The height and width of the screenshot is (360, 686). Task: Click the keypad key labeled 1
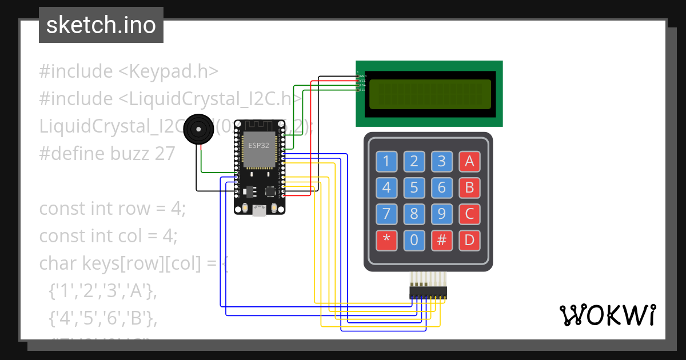pyautogui.click(x=386, y=162)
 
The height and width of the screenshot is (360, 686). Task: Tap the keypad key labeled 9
pyautogui.click(x=441, y=214)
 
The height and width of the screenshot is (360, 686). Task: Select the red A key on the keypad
pyautogui.click(x=469, y=162)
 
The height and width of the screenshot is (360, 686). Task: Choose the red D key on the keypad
pyautogui.click(x=469, y=240)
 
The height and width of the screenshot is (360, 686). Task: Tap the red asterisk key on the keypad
pyautogui.click(x=386, y=240)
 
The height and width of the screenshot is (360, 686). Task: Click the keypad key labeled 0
pyautogui.click(x=414, y=240)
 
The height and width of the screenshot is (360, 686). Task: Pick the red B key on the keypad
pyautogui.click(x=469, y=187)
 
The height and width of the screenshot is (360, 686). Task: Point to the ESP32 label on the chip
pyautogui.click(x=258, y=145)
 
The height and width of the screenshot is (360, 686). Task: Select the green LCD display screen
pyautogui.click(x=429, y=94)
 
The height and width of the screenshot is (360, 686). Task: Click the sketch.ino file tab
pyautogui.click(x=101, y=25)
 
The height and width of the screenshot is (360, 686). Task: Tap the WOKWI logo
pyautogui.click(x=607, y=315)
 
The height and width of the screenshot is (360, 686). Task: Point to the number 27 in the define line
pyautogui.click(x=163, y=154)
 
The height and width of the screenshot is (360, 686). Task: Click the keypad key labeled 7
pyautogui.click(x=386, y=214)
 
